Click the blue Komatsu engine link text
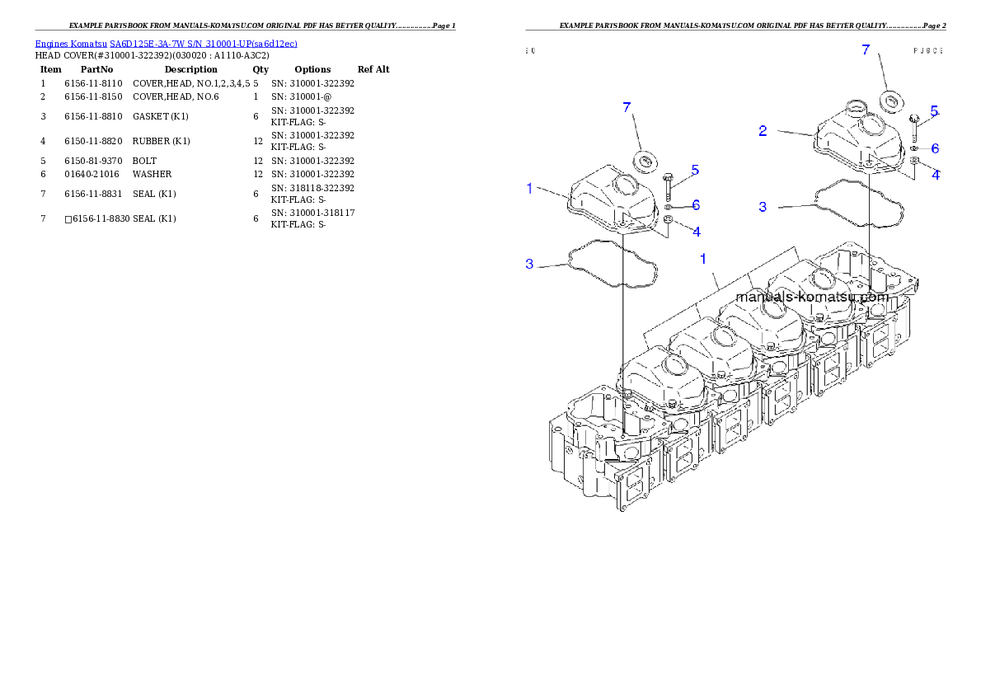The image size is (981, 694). coord(166,44)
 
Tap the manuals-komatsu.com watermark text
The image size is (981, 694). coord(811,297)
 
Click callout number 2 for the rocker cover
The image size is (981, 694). coord(763,130)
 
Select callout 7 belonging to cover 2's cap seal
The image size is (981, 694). coord(866,49)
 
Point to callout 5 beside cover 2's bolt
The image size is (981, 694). coord(934,110)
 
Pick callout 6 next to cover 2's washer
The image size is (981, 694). coord(936,149)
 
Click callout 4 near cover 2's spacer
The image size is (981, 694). coord(936,174)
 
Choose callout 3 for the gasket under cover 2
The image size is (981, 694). coord(763,207)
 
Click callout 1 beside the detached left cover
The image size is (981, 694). coord(530,189)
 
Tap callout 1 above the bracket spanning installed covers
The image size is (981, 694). coord(703,259)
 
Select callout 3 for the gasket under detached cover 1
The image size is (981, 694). coord(530,264)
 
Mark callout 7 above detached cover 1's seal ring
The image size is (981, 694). coord(627,107)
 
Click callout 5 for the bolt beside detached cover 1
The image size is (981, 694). coord(695,170)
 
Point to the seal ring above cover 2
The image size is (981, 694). coord(889,102)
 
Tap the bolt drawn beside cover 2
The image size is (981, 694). coord(914,125)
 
